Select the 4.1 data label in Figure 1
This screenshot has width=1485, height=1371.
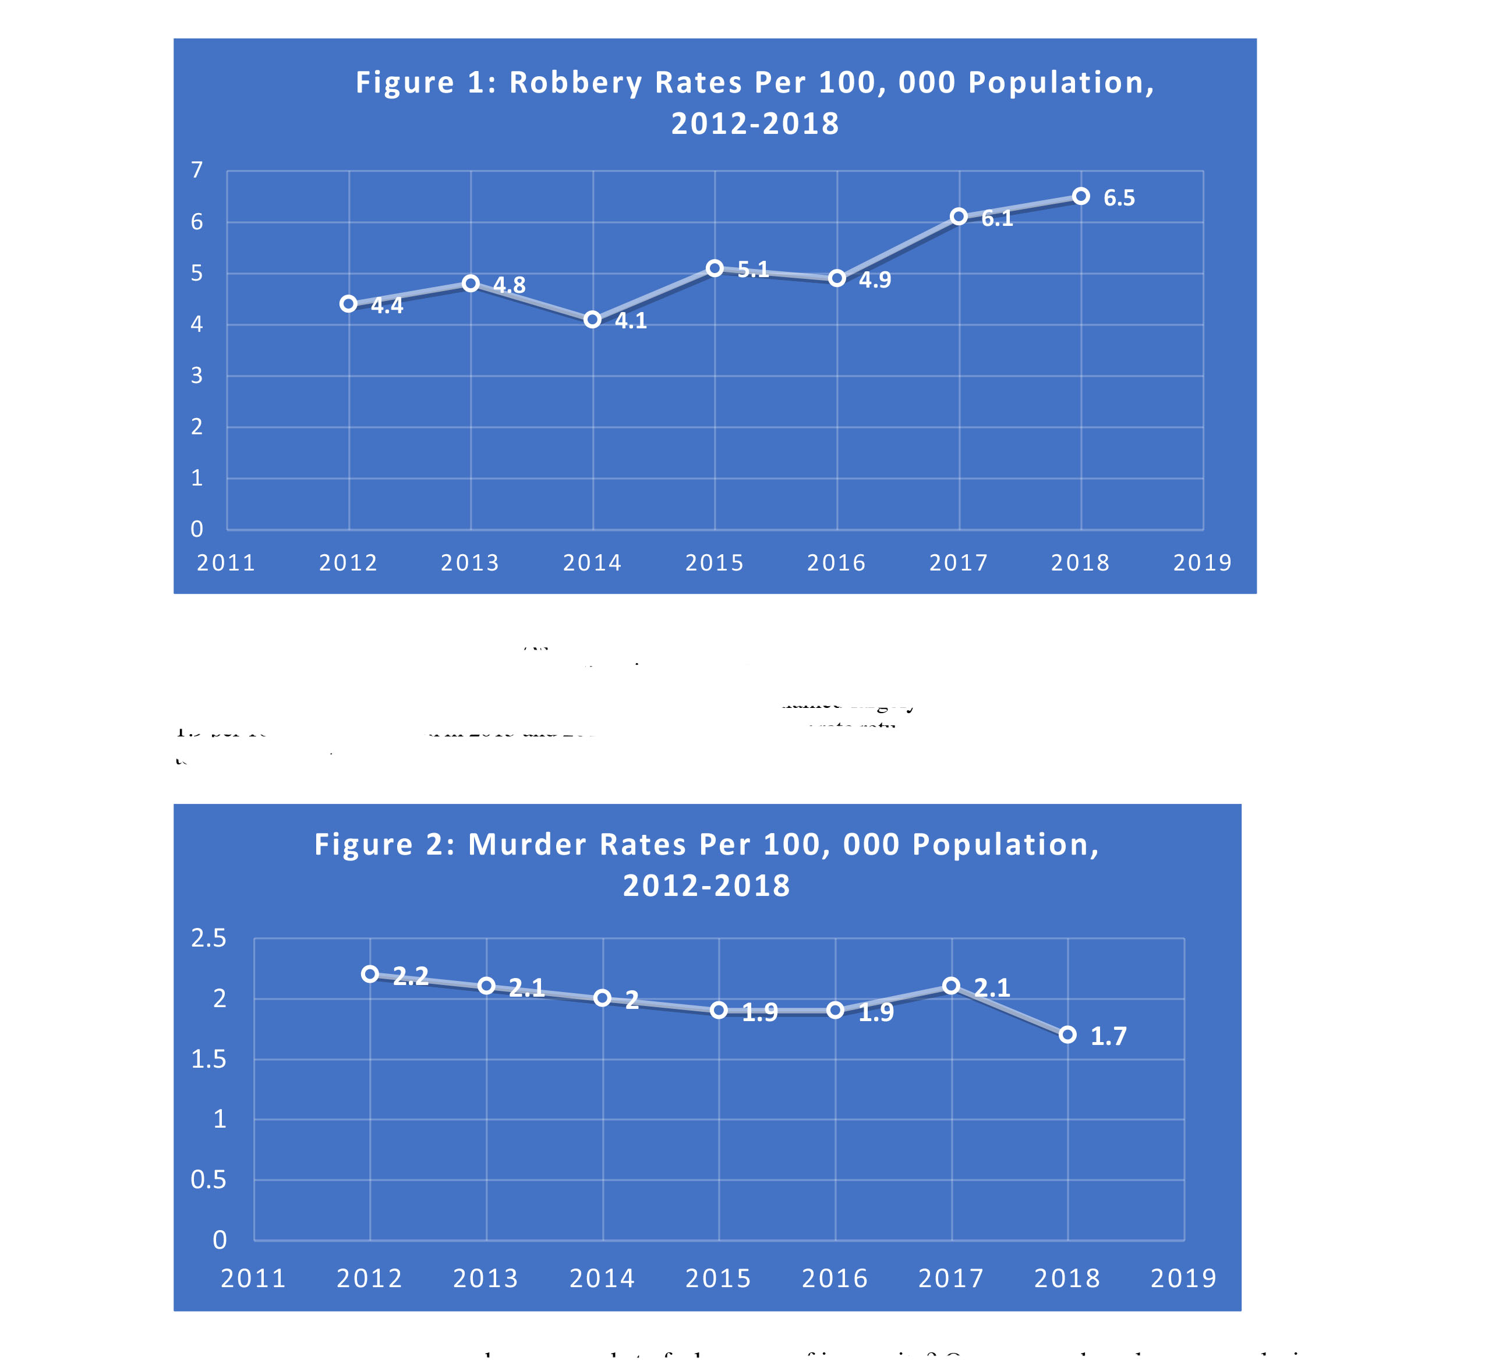coord(631,321)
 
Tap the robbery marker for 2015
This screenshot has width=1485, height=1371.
coord(715,268)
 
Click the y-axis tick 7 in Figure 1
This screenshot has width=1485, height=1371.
coord(197,171)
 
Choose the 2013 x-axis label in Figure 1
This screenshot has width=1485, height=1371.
coord(471,563)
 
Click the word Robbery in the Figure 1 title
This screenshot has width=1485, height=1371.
coord(576,82)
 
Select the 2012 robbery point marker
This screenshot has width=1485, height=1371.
coord(349,304)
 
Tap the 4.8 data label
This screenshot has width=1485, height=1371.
coord(509,285)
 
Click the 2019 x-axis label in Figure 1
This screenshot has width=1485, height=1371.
coord(1202,563)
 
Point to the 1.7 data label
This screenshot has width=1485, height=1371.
coord(1108,1036)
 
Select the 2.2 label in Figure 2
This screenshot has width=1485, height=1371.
coord(411,976)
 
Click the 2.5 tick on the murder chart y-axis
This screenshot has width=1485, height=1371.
coord(208,939)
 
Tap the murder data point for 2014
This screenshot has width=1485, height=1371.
coord(603,998)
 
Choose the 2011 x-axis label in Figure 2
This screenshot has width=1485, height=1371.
coord(254,1279)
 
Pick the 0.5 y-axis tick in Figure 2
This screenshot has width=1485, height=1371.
coord(208,1180)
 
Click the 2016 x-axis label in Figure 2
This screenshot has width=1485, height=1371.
coord(835,1279)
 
